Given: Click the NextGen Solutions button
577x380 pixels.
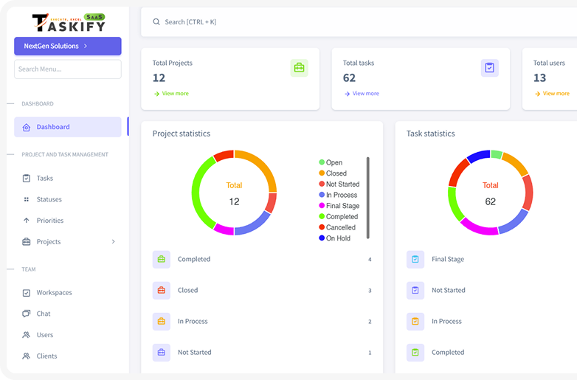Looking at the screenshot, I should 67,46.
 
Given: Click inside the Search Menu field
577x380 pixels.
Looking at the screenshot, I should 67,69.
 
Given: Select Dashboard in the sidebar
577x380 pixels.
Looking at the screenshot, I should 53,127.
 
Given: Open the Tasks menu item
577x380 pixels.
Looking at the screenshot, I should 45,178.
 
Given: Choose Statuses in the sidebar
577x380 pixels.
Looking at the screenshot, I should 49,199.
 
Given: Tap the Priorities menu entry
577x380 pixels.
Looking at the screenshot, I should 50,221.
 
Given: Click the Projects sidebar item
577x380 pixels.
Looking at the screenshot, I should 49,242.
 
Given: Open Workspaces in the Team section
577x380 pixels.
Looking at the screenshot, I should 54,293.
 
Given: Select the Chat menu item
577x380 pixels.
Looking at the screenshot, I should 44,314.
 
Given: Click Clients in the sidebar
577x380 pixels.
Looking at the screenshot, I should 46,356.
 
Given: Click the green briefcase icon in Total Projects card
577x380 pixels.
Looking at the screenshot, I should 299,68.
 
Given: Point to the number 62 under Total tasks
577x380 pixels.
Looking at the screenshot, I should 349,78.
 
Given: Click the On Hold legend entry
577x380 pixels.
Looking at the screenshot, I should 337,238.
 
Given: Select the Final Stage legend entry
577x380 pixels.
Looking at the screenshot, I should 342,206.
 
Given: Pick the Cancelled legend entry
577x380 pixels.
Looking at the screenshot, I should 340,227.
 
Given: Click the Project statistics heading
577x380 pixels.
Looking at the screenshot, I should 182,134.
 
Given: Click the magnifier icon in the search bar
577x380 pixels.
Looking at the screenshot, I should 156,22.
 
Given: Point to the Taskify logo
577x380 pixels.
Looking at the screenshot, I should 69,22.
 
